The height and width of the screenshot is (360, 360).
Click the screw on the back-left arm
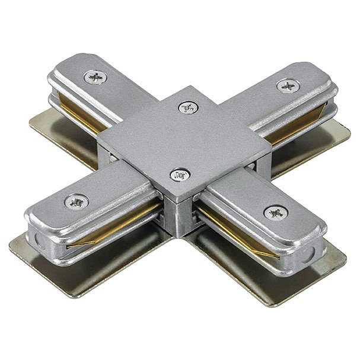[x=95, y=77]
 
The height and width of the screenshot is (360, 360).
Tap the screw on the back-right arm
[x=288, y=85]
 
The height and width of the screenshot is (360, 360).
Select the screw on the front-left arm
[x=77, y=202]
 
